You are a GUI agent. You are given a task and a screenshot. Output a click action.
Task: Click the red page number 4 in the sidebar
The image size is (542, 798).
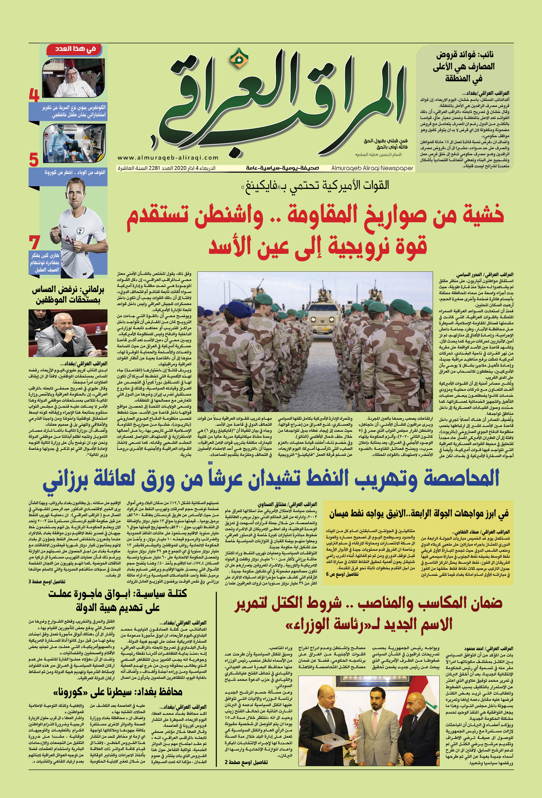(34, 96)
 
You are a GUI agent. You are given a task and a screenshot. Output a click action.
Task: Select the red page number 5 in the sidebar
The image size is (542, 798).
(34, 160)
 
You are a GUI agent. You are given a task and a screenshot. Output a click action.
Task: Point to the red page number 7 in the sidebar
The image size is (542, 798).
(34, 243)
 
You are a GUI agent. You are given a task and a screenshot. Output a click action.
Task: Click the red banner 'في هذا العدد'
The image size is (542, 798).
(76, 49)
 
